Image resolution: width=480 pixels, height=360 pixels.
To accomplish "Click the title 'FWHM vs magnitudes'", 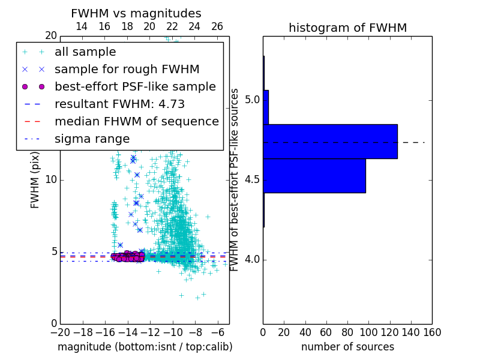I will [x=136, y=13].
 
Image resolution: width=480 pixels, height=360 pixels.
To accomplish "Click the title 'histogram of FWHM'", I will [x=347, y=28].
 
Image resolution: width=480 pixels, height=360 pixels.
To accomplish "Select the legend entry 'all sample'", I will [x=85, y=52].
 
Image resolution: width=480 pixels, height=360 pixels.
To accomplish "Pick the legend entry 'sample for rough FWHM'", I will [x=127, y=70].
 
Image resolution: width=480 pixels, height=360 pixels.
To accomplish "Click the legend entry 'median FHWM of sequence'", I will [x=136, y=122].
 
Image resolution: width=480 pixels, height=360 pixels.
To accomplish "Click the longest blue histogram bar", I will [x=330, y=142].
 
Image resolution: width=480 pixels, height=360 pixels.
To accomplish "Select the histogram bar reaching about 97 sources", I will [x=314, y=176].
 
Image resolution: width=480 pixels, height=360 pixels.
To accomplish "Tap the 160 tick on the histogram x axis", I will [x=431, y=332].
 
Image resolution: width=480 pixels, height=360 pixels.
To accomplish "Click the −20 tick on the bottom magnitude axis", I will [x=60, y=332].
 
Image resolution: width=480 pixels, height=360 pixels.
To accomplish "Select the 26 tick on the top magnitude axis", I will [x=217, y=26].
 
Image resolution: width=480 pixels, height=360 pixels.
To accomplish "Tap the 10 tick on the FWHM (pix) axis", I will [x=52, y=180].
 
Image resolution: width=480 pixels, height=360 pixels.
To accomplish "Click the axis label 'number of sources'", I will [x=347, y=347].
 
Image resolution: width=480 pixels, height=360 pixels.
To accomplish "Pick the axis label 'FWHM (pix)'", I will [x=35, y=180].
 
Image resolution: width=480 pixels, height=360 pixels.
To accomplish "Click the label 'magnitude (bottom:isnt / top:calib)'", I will [x=145, y=347].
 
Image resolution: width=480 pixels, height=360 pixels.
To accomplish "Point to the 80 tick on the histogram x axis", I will [x=347, y=332].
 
